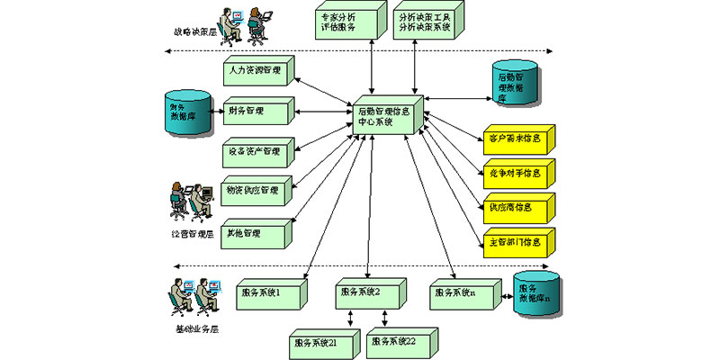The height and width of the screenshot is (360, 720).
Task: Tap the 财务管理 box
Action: (x=254, y=112)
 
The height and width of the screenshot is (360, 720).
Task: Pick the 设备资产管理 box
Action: (x=256, y=153)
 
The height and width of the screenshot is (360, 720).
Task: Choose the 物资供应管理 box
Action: (x=256, y=193)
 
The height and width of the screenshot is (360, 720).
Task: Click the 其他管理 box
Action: (x=254, y=234)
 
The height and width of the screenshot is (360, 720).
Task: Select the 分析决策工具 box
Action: (x=426, y=22)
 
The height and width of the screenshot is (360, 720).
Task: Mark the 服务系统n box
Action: (x=461, y=294)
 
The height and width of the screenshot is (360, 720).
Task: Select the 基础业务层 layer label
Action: (x=194, y=329)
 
